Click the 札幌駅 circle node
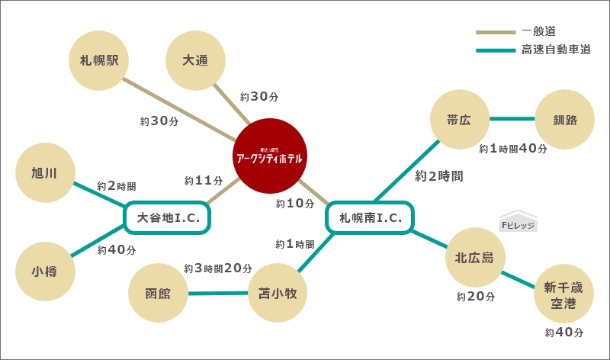99,60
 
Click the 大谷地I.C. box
168,218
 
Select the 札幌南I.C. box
370,218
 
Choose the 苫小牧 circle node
278,293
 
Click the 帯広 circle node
460,120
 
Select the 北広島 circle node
474,258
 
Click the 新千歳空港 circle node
564,295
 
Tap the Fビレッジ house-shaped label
518,222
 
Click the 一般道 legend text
538,32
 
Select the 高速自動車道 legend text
556,50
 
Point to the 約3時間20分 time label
218,268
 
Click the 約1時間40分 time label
513,149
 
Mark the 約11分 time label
204,182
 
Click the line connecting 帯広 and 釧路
512,119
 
